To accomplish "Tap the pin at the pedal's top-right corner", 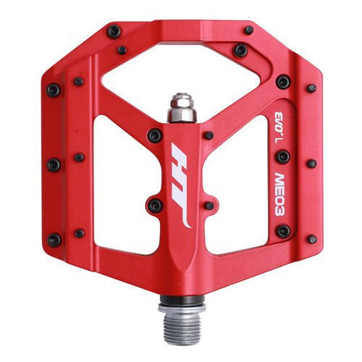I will tap(248, 30).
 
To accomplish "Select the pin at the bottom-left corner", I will tap(54, 240).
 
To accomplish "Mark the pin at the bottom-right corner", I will tap(311, 239).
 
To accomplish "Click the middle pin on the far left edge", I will tap(54, 165).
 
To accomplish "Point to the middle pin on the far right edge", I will tap(311, 164).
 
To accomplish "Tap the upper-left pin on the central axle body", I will tap(154, 135).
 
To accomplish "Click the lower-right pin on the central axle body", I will tap(209, 206).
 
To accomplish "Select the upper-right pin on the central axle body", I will tap(209, 135).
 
